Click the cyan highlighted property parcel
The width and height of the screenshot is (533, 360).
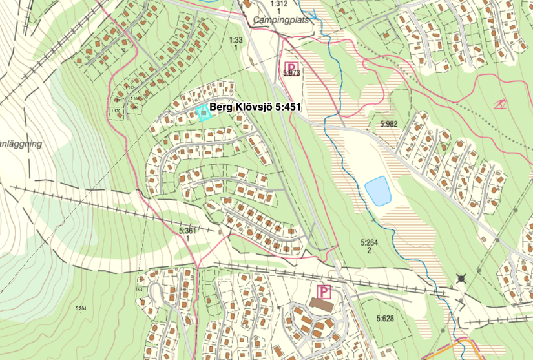coord(204,114)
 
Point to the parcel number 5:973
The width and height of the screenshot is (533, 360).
coord(292,74)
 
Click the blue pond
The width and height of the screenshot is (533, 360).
coord(378,191)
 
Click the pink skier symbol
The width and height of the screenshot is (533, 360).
coord(499,105)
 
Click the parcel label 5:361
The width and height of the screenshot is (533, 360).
coord(187,230)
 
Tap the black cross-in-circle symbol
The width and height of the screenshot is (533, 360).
coord(461,279)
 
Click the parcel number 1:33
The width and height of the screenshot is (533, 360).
coord(236,40)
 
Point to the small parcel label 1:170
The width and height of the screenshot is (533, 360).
coord(116,111)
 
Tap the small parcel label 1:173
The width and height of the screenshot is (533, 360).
coord(131,87)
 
